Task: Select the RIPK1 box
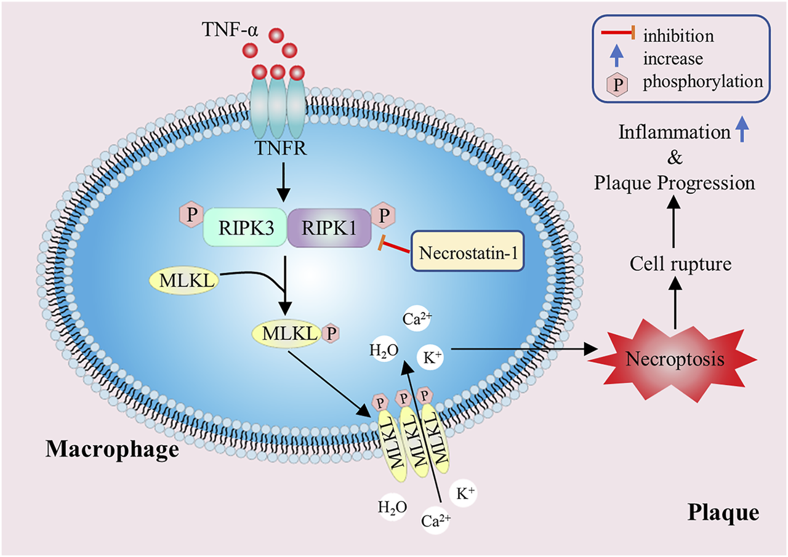[329, 226]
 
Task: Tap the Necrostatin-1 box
[467, 252]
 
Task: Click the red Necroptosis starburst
[675, 359]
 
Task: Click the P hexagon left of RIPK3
[188, 215]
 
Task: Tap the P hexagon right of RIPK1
[383, 216]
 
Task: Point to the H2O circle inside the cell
[384, 350]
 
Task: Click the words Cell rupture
[680, 265]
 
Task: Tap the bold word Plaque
[723, 512]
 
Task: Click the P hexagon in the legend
[617, 82]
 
